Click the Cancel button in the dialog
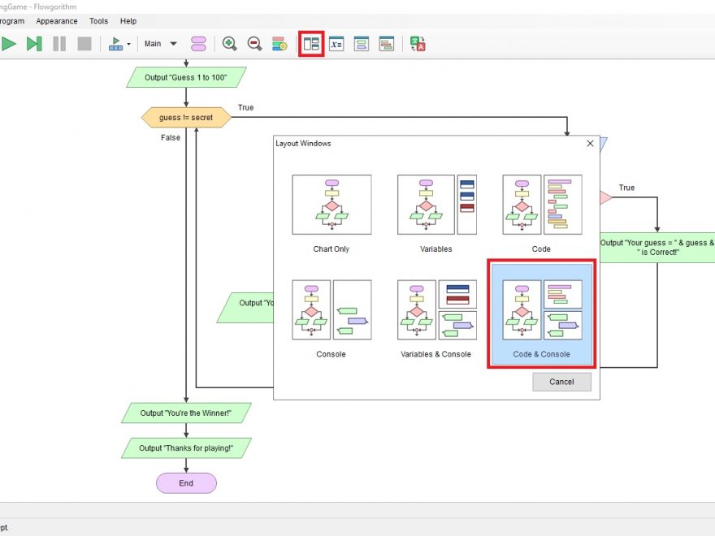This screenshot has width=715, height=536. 561,382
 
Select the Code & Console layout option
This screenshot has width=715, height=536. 542,313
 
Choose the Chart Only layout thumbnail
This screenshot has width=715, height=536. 331,205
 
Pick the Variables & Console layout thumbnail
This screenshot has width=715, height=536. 436,310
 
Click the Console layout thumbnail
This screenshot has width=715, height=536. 331,310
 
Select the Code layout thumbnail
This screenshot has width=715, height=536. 542,205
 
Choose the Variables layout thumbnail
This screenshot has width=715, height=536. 436,205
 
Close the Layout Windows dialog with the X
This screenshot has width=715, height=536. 590,144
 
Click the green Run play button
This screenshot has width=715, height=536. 9,44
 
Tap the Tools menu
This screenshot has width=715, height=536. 98,21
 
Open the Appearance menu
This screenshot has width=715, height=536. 57,21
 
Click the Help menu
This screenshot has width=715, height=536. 128,21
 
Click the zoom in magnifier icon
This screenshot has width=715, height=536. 230,44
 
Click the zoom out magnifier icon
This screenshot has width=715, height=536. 254,44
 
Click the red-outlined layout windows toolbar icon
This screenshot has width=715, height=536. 311,44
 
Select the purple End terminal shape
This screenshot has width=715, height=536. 186,483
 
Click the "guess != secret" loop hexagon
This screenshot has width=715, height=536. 186,118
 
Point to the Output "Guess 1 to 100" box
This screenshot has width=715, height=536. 186,78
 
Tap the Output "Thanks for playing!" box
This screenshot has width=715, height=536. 186,448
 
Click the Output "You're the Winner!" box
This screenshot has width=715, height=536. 186,413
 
